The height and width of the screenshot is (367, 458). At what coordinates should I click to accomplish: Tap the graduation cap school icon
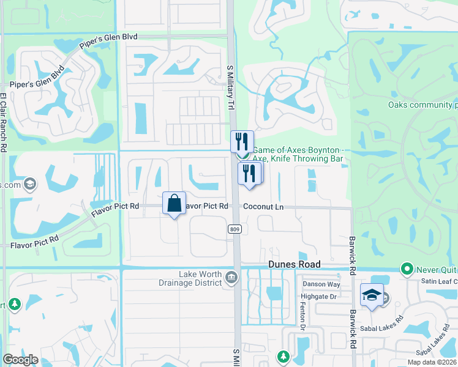[372, 295]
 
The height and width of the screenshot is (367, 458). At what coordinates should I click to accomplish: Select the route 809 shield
[233, 229]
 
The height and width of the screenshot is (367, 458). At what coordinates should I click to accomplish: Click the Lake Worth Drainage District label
[190, 278]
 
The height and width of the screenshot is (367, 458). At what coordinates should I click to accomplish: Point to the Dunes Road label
[294, 264]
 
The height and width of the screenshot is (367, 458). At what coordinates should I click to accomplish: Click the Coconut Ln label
[263, 207]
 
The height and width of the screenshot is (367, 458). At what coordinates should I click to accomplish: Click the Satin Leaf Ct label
[439, 281]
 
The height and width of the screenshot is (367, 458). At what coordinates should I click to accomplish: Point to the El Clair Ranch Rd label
[4, 122]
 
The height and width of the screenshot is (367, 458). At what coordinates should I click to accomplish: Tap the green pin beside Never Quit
[406, 269]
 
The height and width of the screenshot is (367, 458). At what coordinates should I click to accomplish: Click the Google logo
[20, 360]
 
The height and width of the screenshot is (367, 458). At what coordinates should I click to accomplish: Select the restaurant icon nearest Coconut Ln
[249, 172]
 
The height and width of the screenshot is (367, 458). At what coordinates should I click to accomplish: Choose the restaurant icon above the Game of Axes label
[242, 142]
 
